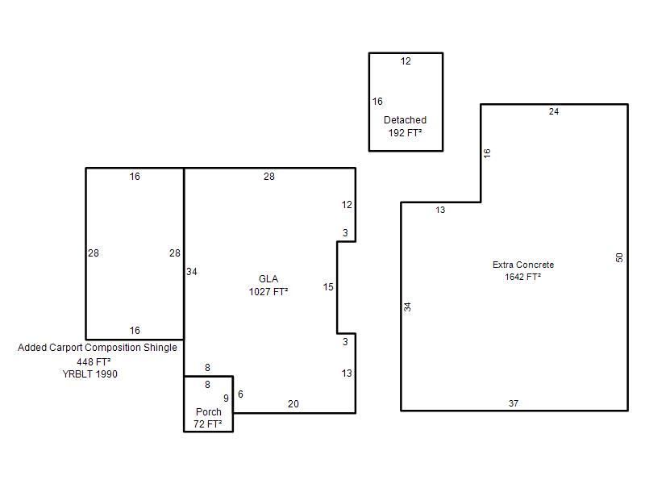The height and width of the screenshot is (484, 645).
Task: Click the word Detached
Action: [x=405, y=119]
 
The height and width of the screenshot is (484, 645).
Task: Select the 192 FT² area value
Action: [x=405, y=132]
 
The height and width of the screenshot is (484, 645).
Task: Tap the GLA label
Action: [x=268, y=278]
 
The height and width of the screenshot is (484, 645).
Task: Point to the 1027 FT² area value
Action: [x=268, y=291]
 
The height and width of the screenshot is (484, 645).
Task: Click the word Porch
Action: [x=209, y=411]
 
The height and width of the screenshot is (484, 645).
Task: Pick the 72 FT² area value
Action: [x=208, y=424]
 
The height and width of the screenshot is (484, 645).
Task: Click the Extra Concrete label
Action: [x=522, y=265]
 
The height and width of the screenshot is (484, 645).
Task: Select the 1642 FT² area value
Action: [x=522, y=277]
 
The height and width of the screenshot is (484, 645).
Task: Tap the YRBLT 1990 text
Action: [x=89, y=374]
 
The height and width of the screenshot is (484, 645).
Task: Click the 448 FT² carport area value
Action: [x=94, y=361]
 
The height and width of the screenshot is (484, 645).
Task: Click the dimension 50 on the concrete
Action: [x=619, y=257]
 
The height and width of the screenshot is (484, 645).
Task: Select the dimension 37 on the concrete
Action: [x=514, y=403]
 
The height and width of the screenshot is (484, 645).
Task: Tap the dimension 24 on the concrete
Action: [x=554, y=111]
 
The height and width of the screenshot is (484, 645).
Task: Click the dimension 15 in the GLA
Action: [x=328, y=287]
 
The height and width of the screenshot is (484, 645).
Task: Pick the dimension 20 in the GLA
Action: [x=293, y=404]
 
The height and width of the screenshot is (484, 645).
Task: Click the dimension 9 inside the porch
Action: [x=226, y=398]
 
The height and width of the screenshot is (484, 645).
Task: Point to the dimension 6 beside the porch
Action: [x=240, y=394]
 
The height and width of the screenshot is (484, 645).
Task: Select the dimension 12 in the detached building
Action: [x=406, y=61]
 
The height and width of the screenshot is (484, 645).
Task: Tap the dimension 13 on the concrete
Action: [x=440, y=210]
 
